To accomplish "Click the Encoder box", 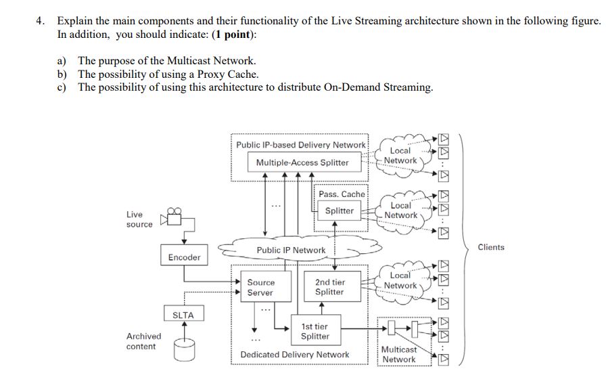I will [184, 257].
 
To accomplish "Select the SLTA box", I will [183, 315].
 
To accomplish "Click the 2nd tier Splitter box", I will [329, 287].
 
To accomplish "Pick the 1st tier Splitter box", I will [315, 331].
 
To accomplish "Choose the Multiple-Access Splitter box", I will [302, 162].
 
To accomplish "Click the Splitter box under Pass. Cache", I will [339, 211].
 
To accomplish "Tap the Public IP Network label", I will [291, 250].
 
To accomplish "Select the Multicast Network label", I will [399, 354].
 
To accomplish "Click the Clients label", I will [490, 247].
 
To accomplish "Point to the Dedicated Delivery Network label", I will [295, 354].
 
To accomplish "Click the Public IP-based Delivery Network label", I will [300, 144].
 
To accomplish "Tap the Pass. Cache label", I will [342, 194].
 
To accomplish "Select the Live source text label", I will [139, 219].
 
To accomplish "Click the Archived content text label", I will [143, 341].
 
